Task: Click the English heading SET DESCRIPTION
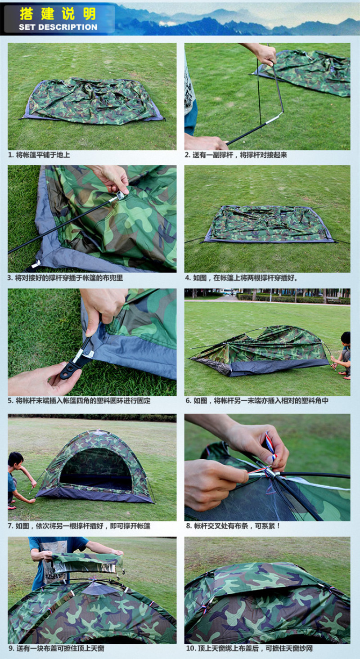coord(58,27)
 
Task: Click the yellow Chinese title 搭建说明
coord(58,13)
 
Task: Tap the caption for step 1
coord(39,155)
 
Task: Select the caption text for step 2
coord(236,155)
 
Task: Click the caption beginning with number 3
coord(65,278)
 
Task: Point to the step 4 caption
coord(241,278)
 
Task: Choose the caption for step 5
coord(79,400)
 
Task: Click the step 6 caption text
coord(256,400)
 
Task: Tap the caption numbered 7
coord(79,525)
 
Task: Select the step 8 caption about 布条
coord(233,525)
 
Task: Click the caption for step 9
coord(56,648)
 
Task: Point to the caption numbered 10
coord(249,648)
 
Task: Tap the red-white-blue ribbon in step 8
coord(270,446)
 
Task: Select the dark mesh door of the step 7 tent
coord(95,471)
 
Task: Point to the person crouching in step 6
coord(343,355)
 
